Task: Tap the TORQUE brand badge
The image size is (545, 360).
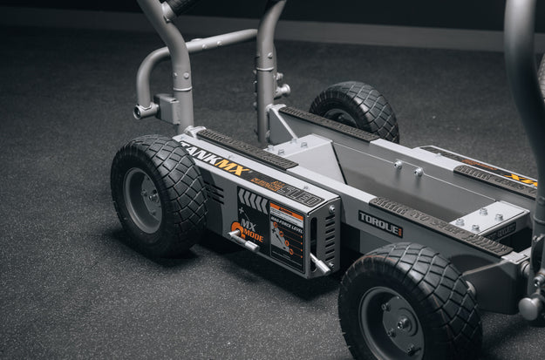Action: [380, 224]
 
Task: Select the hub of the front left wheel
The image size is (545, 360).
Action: [143, 200]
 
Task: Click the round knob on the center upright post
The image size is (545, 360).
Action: [282, 90]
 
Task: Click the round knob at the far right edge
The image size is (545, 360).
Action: [530, 306]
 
